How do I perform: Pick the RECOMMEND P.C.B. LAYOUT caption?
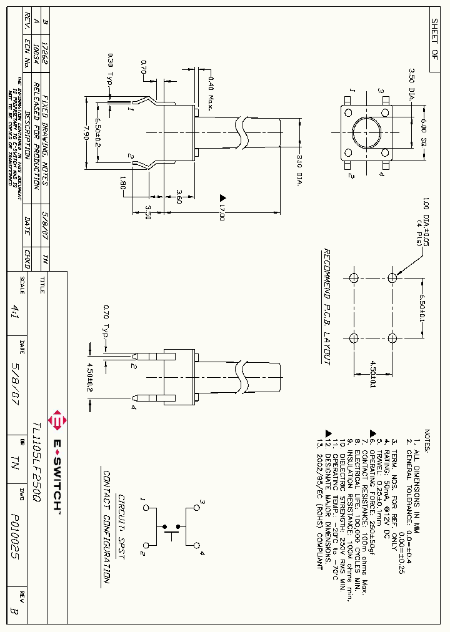[x=326, y=306]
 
